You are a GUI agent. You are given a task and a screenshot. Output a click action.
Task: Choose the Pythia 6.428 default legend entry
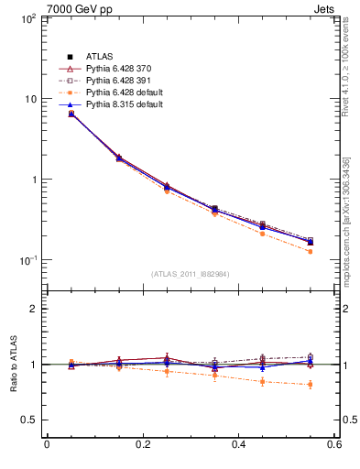[x=123, y=93]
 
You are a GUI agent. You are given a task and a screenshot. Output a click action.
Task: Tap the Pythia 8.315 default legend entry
[x=123, y=105]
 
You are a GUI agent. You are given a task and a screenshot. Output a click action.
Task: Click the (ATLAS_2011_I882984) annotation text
[x=191, y=274]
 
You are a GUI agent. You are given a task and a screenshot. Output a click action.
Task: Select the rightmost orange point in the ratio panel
[x=310, y=384]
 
